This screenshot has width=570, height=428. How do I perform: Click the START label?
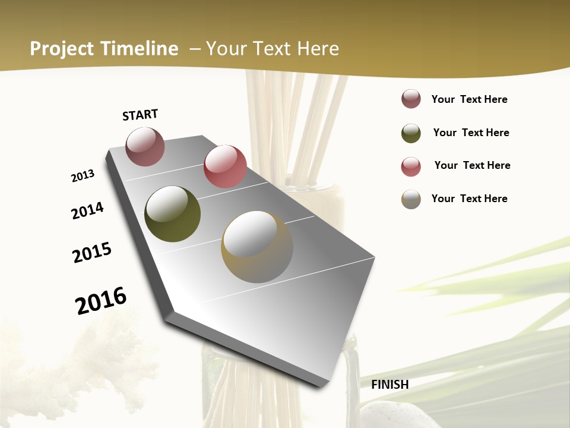(x=140, y=115)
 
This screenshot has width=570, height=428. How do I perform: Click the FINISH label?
(x=389, y=384)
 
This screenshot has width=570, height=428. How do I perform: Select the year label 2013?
(x=83, y=176)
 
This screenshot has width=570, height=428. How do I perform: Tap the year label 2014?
(x=87, y=210)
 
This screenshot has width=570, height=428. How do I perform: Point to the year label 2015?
(x=92, y=253)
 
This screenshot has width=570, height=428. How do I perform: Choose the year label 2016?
(x=101, y=300)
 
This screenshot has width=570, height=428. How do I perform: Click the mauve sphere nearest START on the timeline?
(x=145, y=146)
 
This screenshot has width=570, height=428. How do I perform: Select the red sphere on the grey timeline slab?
(x=225, y=166)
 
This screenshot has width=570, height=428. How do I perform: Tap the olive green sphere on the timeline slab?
(x=172, y=214)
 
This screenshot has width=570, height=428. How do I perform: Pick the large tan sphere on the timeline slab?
(x=257, y=247)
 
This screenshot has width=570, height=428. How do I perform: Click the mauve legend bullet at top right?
(x=411, y=99)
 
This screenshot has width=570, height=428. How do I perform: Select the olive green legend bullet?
(x=411, y=133)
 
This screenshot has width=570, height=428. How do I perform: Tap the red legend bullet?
(x=411, y=166)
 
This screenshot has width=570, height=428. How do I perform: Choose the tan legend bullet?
(x=411, y=199)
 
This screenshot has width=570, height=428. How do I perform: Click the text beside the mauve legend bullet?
(x=469, y=99)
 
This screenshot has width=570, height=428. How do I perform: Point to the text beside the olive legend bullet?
(x=471, y=133)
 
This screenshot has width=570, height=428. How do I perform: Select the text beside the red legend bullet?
(x=472, y=165)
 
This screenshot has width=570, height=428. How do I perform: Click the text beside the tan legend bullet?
(x=469, y=199)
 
